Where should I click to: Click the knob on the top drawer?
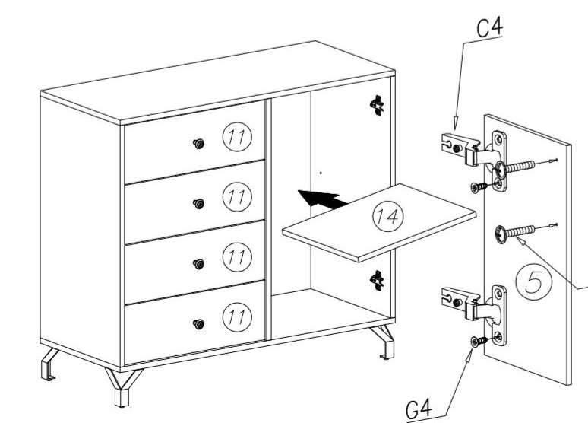199,144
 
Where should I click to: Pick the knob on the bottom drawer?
199,323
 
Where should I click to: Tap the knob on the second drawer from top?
199,203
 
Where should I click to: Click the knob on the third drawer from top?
199,264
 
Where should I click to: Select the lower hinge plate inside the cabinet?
376,281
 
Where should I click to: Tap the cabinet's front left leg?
122,389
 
